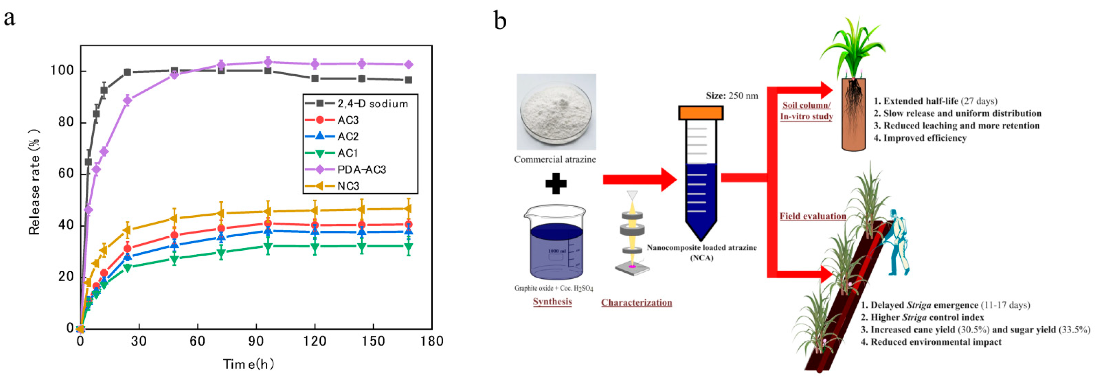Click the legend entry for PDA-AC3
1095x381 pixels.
[361, 170]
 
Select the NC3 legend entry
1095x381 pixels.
[348, 186]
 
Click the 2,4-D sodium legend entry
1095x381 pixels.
[372, 104]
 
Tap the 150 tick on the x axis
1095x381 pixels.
[373, 341]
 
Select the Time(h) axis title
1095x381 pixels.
[249, 364]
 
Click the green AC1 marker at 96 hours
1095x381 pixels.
[268, 246]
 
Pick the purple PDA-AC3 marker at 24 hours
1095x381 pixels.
[127, 100]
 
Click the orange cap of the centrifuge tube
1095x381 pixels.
[701, 113]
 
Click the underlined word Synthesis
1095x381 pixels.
[552, 301]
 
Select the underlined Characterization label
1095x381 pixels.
[636, 302]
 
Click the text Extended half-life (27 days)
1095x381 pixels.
[935, 101]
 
